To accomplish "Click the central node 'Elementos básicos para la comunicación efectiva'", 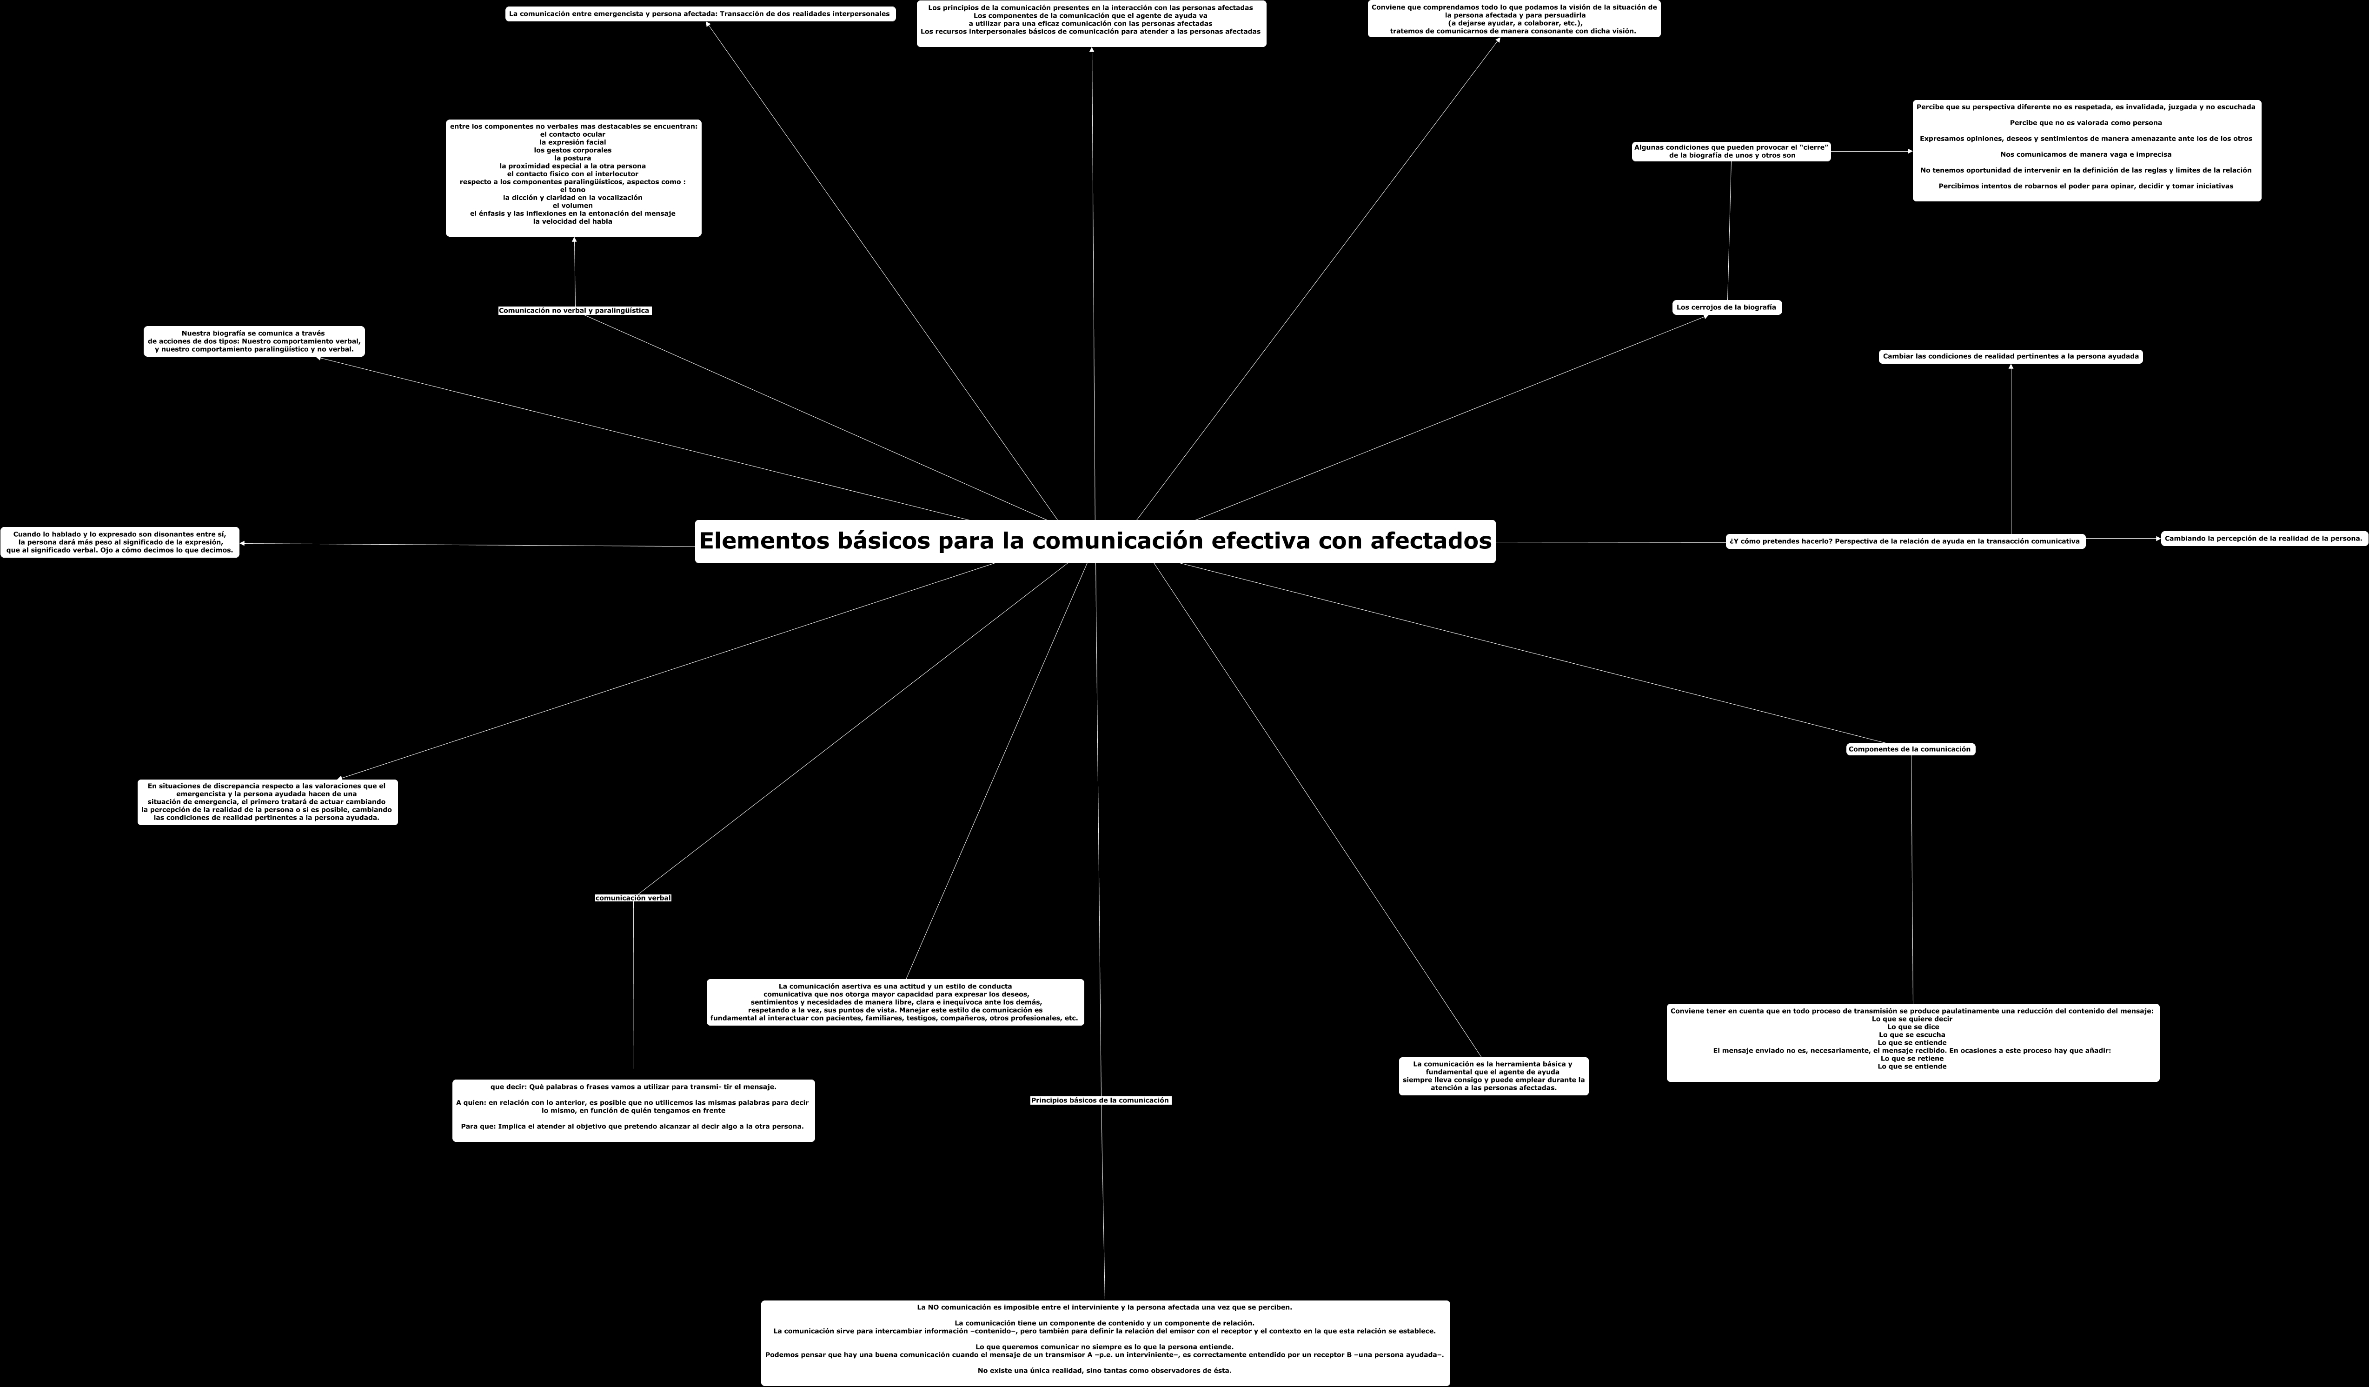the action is (1094, 541).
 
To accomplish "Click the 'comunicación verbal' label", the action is (633, 898).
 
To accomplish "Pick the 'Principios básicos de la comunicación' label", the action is (1100, 1100).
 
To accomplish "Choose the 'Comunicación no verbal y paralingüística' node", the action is (573, 310).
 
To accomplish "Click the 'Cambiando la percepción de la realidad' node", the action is (2263, 539).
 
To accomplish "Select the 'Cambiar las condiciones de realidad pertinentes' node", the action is (2010, 356).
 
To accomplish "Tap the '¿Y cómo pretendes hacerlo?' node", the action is (1904, 541).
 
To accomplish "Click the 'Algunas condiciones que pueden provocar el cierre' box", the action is (1731, 151).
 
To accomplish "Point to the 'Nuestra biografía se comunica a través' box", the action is (254, 341).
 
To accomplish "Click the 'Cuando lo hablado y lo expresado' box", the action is (119, 543).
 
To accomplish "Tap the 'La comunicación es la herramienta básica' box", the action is (1493, 1076).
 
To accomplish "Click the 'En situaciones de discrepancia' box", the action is (267, 802).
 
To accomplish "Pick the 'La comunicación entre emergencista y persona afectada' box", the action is (699, 14).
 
